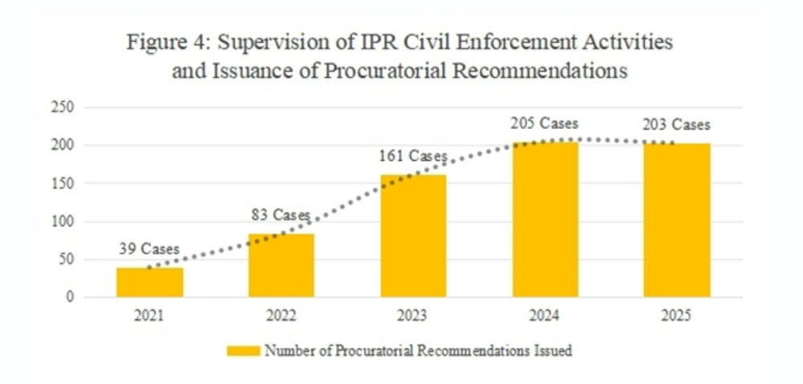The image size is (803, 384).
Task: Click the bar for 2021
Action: tap(150, 283)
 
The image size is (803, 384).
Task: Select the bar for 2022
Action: tap(281, 265)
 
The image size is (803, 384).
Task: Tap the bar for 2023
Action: tap(412, 236)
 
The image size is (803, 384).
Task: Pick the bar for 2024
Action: tap(544, 219)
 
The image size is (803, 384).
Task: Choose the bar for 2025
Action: tap(676, 220)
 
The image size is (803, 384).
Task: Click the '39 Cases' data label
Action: tap(150, 250)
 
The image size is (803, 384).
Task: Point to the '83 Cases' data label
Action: tap(281, 215)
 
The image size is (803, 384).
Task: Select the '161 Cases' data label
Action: tap(412, 155)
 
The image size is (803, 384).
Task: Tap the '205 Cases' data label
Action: tap(544, 123)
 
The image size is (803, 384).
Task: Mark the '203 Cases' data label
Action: tap(676, 125)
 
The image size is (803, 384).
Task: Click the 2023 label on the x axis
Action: tap(412, 316)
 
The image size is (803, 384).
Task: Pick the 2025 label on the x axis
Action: tap(676, 316)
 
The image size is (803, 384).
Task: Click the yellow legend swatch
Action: tap(244, 350)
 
